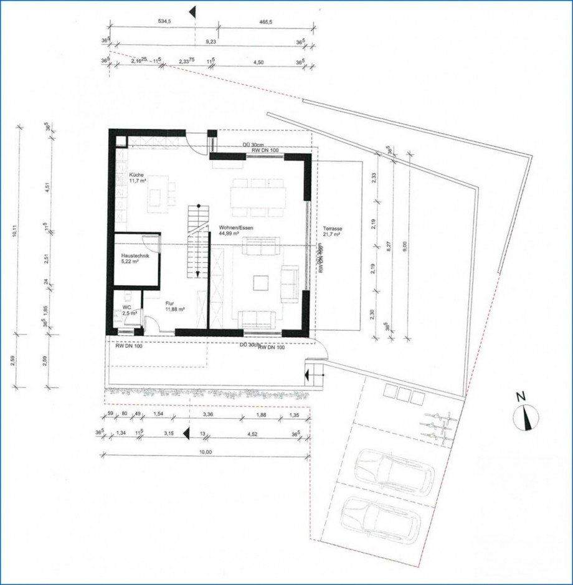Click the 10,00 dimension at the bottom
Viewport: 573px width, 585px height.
pyautogui.click(x=205, y=452)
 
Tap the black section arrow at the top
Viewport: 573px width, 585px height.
pyautogui.click(x=193, y=11)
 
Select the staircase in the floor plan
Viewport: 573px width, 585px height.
pyautogui.click(x=197, y=240)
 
